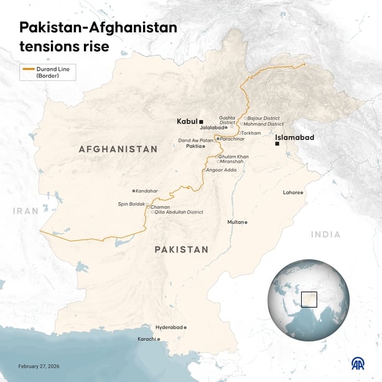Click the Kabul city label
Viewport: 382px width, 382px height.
click(187, 121)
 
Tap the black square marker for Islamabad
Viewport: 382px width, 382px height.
click(277, 144)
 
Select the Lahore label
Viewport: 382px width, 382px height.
click(291, 193)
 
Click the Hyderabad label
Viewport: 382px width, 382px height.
click(169, 327)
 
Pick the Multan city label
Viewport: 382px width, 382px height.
click(235, 222)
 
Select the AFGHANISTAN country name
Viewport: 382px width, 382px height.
click(118, 149)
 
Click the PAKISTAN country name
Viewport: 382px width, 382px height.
click(181, 249)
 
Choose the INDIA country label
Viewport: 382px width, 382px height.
click(326, 235)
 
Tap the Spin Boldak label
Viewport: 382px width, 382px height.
click(131, 203)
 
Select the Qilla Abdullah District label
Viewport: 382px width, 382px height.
click(179, 212)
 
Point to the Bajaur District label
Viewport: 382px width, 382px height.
click(264, 118)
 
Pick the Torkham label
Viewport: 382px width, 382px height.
click(251, 133)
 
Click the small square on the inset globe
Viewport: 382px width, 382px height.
click(309, 299)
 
